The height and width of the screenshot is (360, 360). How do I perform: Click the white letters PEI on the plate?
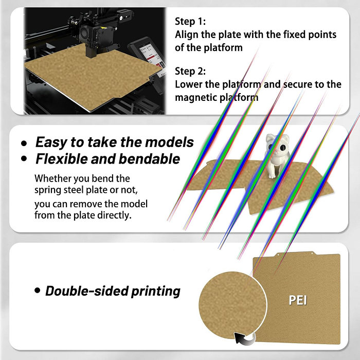tap(298, 300)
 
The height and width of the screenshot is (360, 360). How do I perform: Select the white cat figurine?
tap(275, 154)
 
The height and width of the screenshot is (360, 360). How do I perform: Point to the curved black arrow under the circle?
tap(244, 338)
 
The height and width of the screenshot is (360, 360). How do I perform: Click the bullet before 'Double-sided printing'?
tap(37, 291)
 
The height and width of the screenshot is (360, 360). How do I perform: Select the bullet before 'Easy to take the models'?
tap(24, 143)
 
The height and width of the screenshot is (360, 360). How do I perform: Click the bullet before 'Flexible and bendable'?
tap(24, 159)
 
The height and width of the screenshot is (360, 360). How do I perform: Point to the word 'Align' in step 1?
tap(188, 35)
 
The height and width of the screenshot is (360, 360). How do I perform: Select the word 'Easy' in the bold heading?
tap(51, 142)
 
